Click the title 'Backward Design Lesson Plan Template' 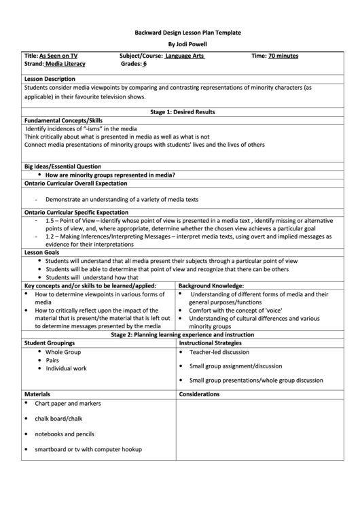180,33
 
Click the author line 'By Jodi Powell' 180,44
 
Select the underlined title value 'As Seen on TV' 58,56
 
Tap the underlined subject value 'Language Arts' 184,56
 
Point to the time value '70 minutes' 283,56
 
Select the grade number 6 145,64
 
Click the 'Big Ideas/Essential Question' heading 62,166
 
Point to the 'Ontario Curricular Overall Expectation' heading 75,183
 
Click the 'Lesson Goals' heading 41,252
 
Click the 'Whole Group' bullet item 63,352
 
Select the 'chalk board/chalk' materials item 58,419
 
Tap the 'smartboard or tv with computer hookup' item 88,449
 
